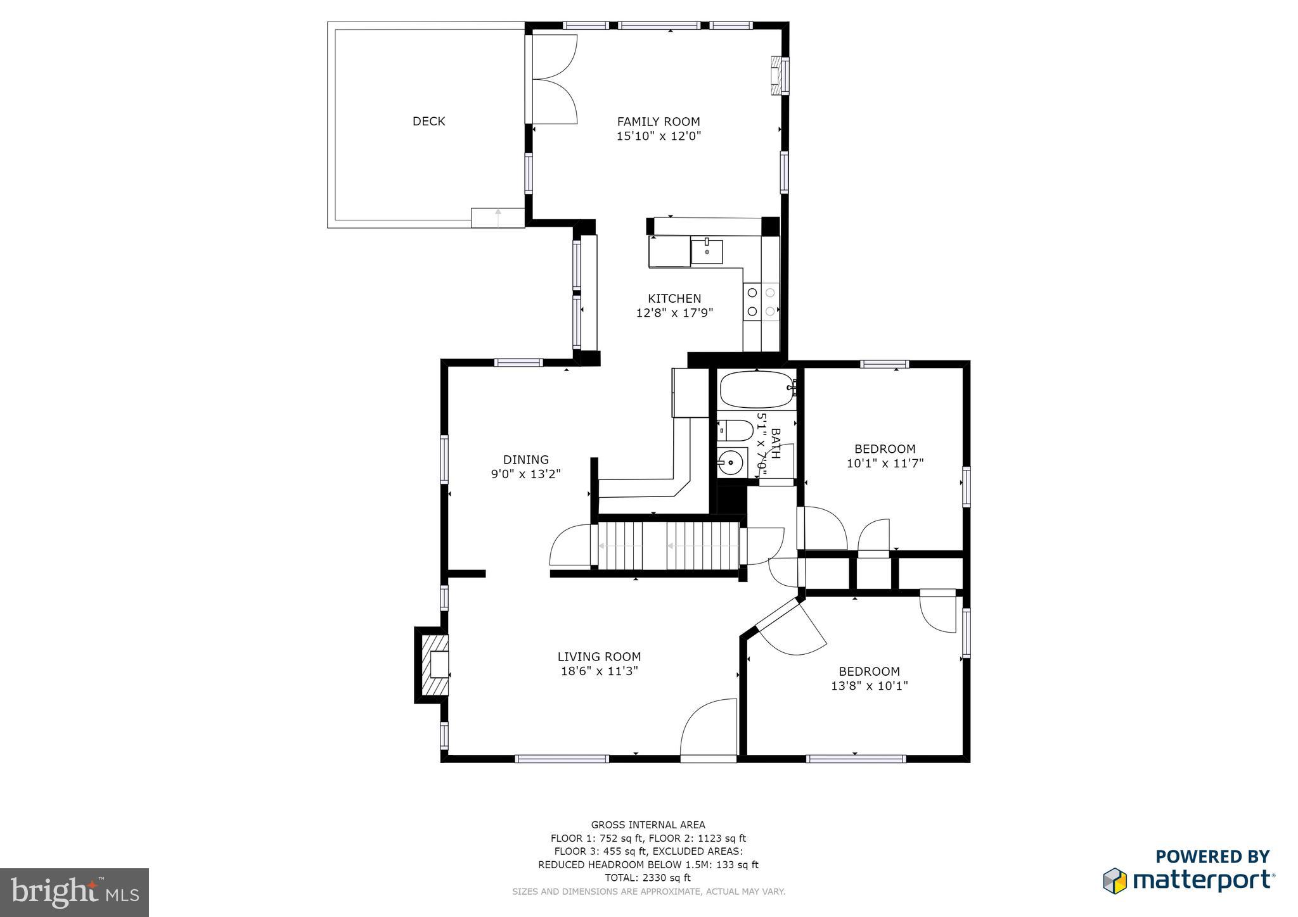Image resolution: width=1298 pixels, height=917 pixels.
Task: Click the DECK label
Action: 428,121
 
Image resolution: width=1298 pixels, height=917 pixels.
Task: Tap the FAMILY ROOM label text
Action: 659,122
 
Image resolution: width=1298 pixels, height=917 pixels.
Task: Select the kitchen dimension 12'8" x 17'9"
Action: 674,313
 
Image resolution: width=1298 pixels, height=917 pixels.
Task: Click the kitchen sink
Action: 707,251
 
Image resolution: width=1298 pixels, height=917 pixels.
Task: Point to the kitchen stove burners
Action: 761,302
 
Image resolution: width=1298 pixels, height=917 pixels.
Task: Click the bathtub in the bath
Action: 756,389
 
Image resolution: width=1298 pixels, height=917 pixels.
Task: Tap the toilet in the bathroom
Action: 736,431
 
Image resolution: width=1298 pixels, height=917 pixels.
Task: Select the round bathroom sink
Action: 731,463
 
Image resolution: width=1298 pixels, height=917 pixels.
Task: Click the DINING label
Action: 525,460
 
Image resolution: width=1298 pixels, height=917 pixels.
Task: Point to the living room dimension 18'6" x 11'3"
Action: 599,671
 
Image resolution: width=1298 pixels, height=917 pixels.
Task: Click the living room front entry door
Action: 709,728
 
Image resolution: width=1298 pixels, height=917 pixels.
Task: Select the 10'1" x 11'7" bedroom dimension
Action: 885,464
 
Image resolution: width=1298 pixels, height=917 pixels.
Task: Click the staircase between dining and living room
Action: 669,546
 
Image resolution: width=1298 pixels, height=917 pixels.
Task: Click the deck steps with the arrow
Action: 498,217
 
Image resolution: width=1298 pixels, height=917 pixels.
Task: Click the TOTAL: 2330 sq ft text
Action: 648,878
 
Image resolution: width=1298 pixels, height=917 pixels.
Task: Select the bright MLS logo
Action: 74,892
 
